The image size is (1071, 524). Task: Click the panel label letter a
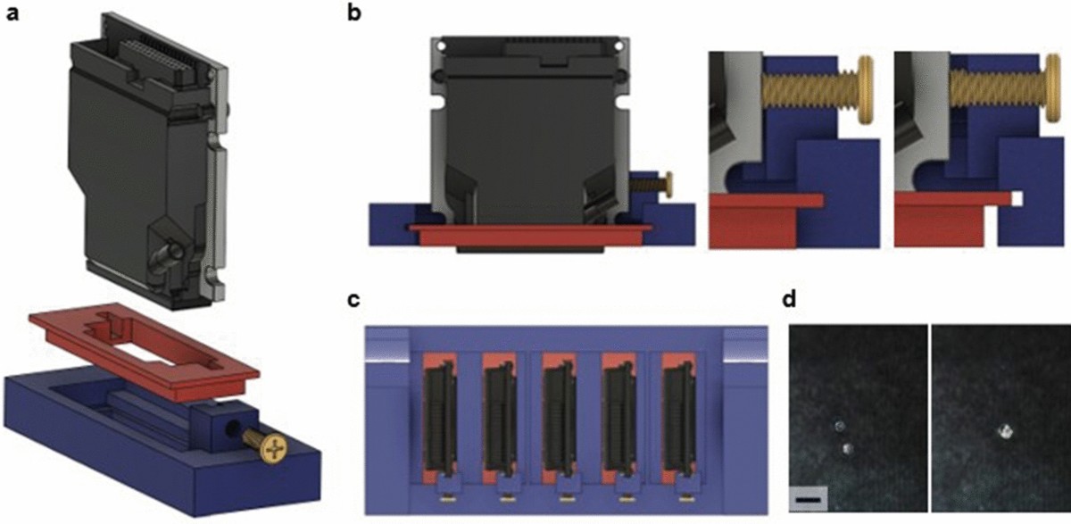pos(12,14)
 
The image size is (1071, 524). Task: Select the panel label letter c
pos(353,300)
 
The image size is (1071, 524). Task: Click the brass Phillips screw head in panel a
pos(274,448)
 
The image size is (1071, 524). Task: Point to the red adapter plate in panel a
pos(144,351)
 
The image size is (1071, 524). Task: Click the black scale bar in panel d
pos(809,500)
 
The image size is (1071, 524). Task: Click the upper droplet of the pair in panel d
pos(840,426)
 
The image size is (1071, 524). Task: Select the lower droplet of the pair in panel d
pos(848,448)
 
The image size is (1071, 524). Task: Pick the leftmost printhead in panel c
pos(440,417)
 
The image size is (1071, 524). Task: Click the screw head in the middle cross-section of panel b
pos(867,90)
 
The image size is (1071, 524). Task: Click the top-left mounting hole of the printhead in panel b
pos(443,46)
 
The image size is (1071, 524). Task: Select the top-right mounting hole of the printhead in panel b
pos(619,46)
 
